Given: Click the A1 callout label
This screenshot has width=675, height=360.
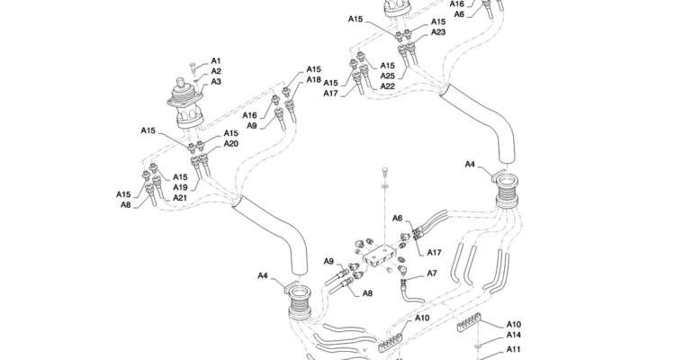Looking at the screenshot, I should [216, 60].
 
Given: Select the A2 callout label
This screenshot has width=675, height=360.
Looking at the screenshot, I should [216, 71].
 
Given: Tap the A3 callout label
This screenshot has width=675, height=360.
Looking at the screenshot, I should [216, 82].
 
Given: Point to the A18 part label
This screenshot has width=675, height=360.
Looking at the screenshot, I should [313, 80].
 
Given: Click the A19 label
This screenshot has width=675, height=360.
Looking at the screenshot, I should [180, 187].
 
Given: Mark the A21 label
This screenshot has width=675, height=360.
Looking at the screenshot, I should [180, 198].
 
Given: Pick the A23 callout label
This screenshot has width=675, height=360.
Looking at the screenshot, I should [438, 32].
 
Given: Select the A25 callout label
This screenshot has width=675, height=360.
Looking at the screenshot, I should [387, 76].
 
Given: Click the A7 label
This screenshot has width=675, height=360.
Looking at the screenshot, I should [432, 273].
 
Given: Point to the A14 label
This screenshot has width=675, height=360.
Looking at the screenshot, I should [514, 335].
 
